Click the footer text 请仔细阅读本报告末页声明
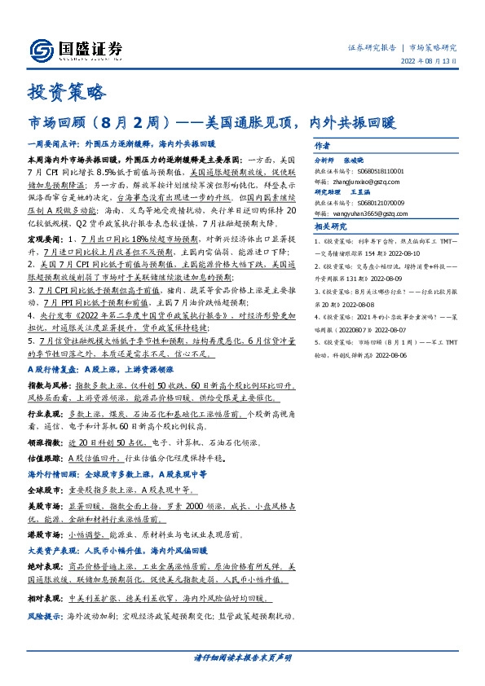tap(242, 657)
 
